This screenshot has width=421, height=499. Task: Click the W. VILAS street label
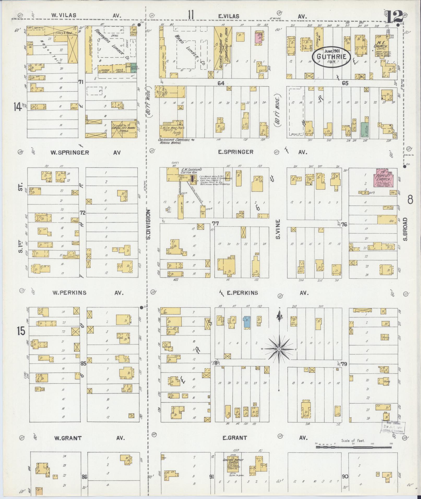64,15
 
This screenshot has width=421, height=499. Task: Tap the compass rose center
279,349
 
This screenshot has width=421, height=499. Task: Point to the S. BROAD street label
405,229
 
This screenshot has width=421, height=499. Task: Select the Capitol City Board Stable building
124,129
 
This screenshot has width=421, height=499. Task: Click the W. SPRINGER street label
69,153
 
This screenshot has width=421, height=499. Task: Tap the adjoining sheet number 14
18,107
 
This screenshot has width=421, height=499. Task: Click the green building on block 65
364,130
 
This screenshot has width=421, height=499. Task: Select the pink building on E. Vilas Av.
258,39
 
